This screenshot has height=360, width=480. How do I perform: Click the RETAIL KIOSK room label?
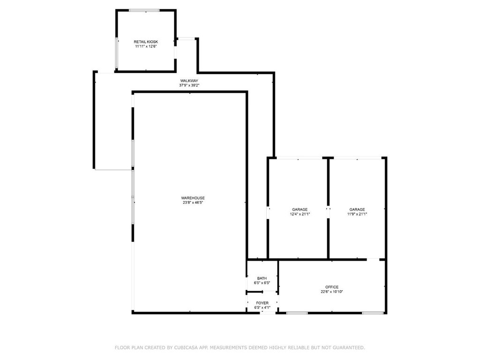tap(146, 42)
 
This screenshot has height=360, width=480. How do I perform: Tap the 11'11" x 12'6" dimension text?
tap(146, 46)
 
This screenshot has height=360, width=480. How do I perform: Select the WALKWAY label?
tap(189, 81)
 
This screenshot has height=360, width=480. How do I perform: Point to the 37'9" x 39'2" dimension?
tap(189, 85)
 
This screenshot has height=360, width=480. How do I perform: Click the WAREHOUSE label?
tap(193, 198)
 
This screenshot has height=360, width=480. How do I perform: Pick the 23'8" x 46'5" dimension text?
tap(193, 202)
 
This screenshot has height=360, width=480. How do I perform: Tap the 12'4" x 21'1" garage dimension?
tap(300, 214)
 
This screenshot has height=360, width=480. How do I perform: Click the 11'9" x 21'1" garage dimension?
tap(357, 214)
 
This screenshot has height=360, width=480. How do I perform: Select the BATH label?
tap(262, 278)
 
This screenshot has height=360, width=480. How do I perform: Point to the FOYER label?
tap(262, 303)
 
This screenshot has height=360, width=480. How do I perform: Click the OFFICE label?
tap(332, 287)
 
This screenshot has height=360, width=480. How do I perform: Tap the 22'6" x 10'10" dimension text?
tap(332, 292)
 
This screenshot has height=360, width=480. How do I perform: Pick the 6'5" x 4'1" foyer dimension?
tap(262, 307)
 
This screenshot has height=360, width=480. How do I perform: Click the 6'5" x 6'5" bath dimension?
tap(262, 283)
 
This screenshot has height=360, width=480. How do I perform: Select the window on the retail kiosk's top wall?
tap(144, 10)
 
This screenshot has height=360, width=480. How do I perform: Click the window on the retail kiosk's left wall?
tap(117, 52)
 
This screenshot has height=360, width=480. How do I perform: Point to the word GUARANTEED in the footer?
tap(349, 347)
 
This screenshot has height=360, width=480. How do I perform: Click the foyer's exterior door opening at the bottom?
tap(268, 313)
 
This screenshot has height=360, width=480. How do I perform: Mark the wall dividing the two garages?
tap(328, 208)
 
